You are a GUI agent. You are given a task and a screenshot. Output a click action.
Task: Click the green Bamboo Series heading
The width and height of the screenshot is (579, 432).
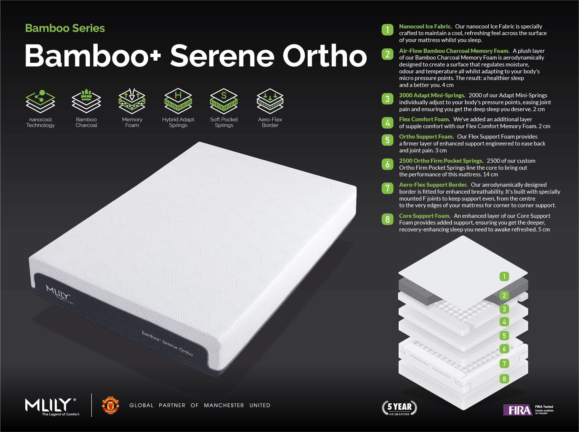click(65, 28)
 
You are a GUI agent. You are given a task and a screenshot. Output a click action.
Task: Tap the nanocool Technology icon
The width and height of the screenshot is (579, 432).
click(40, 102)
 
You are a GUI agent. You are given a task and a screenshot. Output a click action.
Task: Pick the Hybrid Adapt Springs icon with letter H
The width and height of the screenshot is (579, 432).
click(178, 101)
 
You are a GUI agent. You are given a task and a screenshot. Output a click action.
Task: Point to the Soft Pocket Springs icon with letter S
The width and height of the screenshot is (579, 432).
click(224, 101)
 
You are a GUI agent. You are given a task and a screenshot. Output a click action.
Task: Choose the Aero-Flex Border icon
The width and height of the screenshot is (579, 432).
click(270, 102)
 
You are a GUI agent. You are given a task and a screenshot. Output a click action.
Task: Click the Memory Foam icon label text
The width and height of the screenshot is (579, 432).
click(132, 122)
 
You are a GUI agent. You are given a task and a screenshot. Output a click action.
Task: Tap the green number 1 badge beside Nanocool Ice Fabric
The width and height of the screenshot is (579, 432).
click(387, 30)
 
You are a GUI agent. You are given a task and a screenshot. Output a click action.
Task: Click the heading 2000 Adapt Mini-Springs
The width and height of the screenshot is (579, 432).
click(432, 95)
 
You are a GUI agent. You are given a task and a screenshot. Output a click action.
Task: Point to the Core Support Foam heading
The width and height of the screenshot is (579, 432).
click(425, 216)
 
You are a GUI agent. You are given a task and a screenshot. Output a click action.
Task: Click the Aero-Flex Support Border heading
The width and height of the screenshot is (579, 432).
click(434, 185)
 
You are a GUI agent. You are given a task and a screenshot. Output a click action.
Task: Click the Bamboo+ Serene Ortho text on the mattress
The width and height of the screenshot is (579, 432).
click(167, 343)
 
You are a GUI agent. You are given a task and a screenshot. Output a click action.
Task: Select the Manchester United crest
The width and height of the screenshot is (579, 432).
click(110, 405)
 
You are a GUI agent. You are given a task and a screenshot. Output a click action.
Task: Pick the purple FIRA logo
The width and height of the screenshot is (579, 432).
click(518, 410)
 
